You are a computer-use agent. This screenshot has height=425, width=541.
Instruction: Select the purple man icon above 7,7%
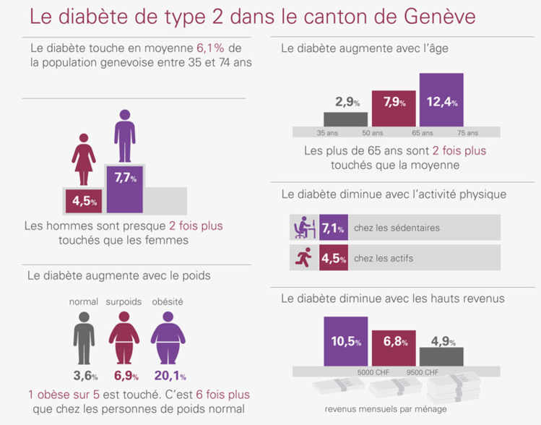tap(125, 136)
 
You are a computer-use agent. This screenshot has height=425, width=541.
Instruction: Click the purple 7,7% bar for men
tap(125, 188)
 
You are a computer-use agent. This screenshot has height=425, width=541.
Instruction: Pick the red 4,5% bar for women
tap(84, 201)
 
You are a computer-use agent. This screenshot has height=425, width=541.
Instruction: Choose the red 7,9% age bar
tap(394, 108)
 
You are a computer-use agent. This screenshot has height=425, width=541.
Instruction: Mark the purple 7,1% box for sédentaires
tap(333, 228)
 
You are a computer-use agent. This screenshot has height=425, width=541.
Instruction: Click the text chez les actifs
tap(385, 258)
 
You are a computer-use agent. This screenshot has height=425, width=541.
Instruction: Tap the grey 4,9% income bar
tap(441, 356)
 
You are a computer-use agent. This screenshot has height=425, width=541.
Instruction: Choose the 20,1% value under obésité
tap(169, 375)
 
